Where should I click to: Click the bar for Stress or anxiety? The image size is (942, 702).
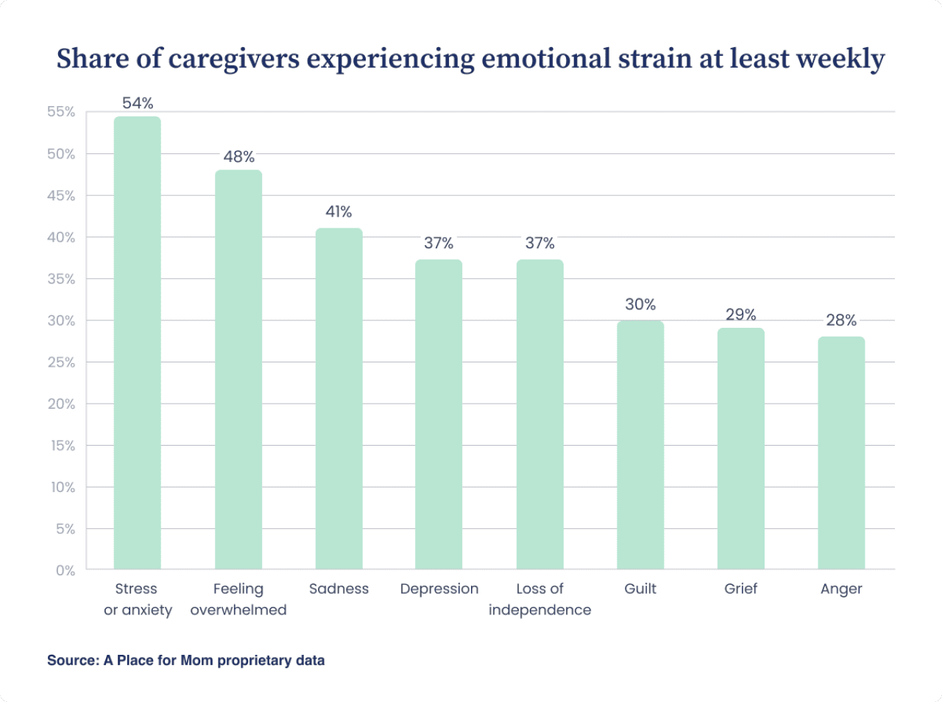coord(137,343)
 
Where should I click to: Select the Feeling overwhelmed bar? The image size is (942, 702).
coord(238,369)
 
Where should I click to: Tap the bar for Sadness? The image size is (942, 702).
coord(339,399)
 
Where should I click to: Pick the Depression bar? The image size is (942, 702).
coord(439,414)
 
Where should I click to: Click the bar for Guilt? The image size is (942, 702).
coord(640,445)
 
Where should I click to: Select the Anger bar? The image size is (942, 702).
coord(841,452)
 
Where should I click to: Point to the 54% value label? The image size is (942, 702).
coord(138,103)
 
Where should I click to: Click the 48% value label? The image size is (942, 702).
coord(239,157)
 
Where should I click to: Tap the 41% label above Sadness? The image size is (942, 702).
coord(339,212)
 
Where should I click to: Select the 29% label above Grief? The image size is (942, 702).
coord(740,315)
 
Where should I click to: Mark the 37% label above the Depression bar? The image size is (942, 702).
coord(439,243)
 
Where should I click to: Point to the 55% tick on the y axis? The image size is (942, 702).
coord(61,112)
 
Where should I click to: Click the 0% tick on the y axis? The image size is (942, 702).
coord(65,570)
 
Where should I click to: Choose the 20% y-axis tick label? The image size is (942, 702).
coord(61,404)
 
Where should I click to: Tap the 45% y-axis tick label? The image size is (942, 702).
coord(61,195)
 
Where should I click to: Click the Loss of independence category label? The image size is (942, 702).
coord(539,599)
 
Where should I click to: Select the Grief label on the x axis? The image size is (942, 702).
coord(740,589)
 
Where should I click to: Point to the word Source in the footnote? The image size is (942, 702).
coord(71,660)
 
